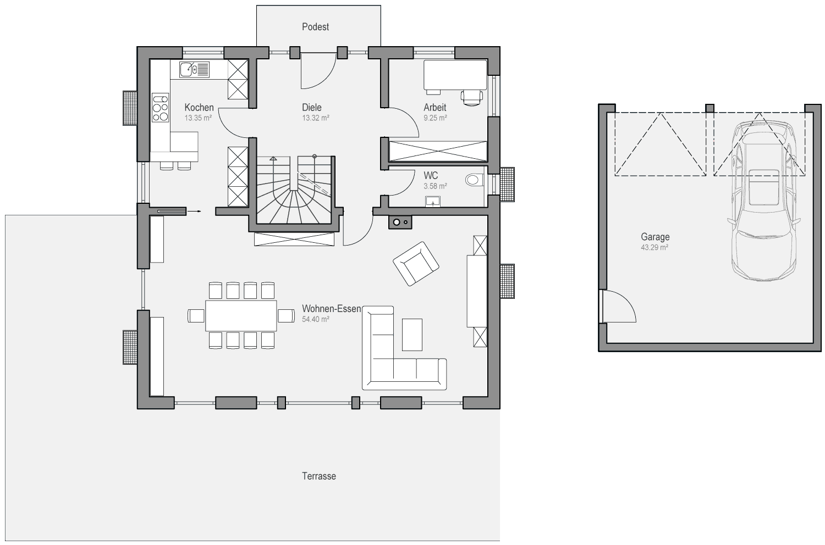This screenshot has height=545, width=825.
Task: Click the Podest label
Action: coord(315,27)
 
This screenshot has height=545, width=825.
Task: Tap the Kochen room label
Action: coord(199,108)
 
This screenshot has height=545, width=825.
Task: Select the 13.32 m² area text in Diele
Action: coord(316,118)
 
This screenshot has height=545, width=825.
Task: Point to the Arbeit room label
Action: coord(435,108)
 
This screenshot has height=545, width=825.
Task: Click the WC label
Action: coord(431,176)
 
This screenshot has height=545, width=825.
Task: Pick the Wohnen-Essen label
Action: coord(332,309)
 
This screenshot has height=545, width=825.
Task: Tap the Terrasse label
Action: coord(319,476)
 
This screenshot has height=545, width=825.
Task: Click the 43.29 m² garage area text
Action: coord(654,248)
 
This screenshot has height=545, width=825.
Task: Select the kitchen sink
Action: coord(195,70)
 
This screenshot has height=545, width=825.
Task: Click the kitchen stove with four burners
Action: coord(160,108)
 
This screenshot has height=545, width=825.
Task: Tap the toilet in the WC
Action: coord(474,180)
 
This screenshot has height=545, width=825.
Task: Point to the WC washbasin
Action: coord(433,202)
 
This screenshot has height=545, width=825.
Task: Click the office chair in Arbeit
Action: coord(471,98)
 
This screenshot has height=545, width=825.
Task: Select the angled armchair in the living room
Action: coord(416,264)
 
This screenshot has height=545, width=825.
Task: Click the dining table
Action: coord(241,316)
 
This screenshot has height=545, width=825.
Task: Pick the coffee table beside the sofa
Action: coord(412,335)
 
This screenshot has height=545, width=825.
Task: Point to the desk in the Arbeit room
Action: coord(455,75)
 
